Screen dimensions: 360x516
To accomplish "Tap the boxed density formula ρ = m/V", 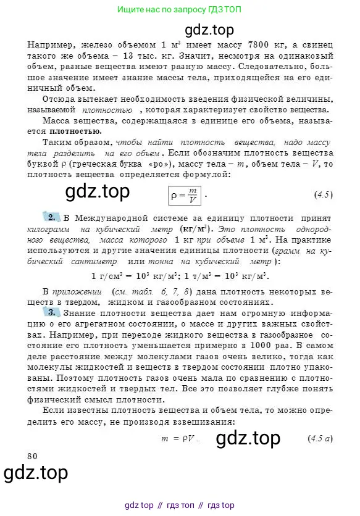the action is [x=186, y=195].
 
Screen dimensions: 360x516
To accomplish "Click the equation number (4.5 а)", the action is [x=320, y=439].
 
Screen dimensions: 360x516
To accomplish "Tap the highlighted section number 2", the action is [x=51, y=218].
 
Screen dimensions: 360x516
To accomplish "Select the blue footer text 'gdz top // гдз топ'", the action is [x=179, y=505].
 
